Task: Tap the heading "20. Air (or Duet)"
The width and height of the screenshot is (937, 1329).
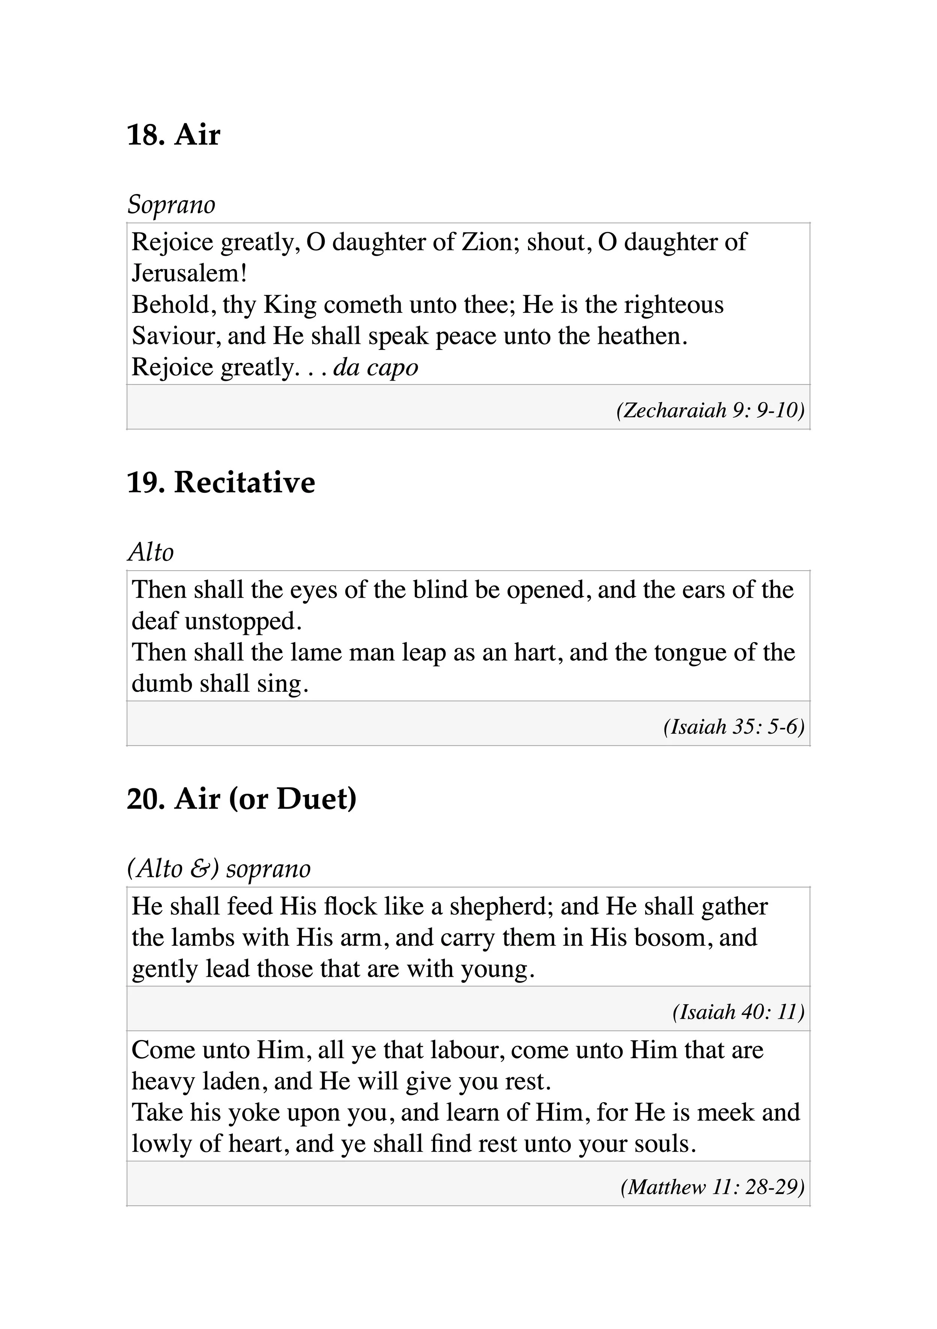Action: [241, 799]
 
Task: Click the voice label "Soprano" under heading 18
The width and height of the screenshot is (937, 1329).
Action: [171, 204]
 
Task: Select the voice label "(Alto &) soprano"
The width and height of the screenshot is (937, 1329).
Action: [219, 868]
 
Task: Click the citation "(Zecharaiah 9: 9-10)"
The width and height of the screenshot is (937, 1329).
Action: [710, 410]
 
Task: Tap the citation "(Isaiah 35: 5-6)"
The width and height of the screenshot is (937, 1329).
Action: [734, 727]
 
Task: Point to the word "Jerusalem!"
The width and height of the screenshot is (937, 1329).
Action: [189, 273]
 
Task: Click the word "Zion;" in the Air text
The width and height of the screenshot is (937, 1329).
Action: [491, 242]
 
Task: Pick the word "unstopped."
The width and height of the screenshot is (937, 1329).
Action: [243, 621]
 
